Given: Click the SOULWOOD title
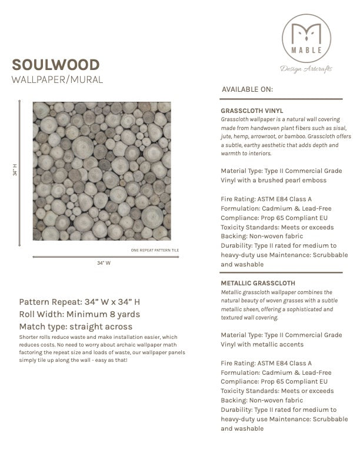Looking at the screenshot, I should point(56,64).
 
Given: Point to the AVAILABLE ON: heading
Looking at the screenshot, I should point(247,89).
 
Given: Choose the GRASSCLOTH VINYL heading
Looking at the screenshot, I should point(252,110).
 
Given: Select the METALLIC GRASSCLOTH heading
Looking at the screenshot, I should point(258,283).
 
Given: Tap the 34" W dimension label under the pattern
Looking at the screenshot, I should point(104,264).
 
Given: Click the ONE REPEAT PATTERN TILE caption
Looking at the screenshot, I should point(155,251).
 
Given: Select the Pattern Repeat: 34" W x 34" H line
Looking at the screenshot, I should point(79,302).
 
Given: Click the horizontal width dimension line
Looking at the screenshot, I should point(105,257).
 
